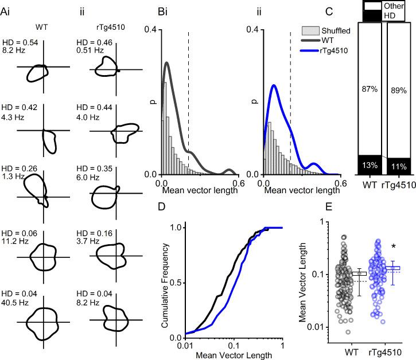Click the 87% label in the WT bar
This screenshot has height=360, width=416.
coord(369,89)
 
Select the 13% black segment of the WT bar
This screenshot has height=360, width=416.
coord(369,165)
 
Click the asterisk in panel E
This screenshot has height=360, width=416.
coord(394,246)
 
